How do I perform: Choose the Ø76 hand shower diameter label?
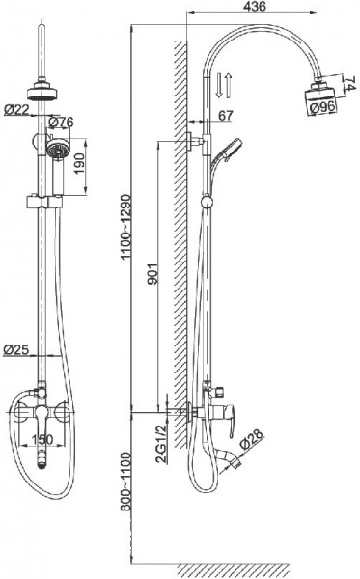click(x=63, y=122)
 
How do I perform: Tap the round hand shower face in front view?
click(x=57, y=149)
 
